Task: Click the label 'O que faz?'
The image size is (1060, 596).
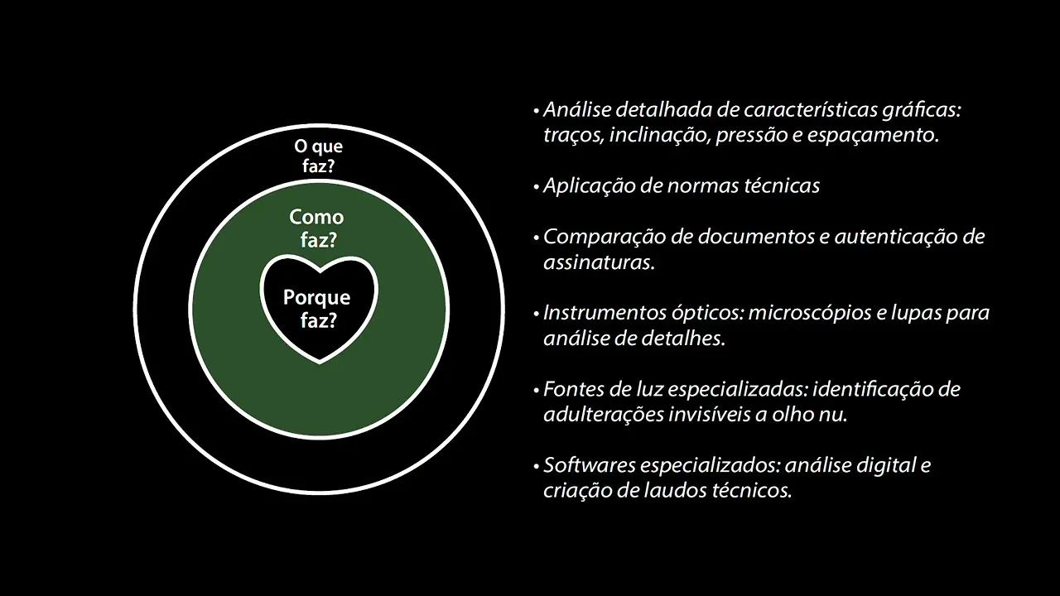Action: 319,156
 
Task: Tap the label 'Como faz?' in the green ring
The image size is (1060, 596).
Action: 316,229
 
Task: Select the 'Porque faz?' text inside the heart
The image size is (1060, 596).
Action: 317,309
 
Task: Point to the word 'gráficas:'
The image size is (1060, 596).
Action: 924,110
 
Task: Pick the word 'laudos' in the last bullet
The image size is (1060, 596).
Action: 678,490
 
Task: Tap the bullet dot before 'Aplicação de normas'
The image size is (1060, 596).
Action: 537,187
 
